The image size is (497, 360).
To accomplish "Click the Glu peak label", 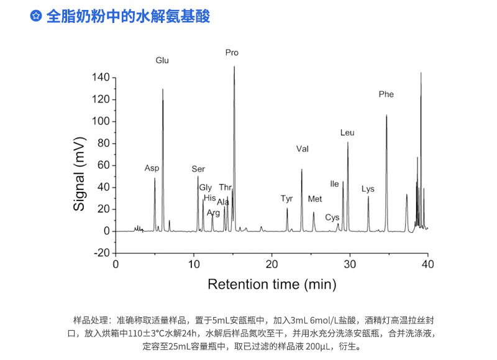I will coord(162,61).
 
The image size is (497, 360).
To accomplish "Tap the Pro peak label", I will coord(232,53).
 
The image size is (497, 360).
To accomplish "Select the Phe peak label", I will coord(386,94).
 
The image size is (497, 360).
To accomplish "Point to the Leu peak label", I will coord(347,133).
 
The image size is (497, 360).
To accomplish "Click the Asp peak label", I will coord(152,168).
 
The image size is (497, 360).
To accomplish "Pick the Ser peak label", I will coord(198,169).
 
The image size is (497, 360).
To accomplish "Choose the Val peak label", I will coord(303,149).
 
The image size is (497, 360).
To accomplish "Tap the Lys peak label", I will coord(368,189).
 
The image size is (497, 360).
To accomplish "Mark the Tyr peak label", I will coord(286,199).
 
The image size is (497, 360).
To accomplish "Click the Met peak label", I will coord(315,199).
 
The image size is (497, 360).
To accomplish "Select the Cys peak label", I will coord(332,217).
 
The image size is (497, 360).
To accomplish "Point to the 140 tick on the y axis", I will coord(101,78).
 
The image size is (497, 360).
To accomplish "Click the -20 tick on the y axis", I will coord(101,253).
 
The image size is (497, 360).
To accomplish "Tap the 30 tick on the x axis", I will coord(350,264).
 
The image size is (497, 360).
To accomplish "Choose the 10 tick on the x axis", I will coord(194,264).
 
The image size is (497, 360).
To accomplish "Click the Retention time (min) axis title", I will coord(271,284).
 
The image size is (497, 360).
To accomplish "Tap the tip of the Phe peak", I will coord(386,115).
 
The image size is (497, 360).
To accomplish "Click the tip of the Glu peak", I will coord(163,89).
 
